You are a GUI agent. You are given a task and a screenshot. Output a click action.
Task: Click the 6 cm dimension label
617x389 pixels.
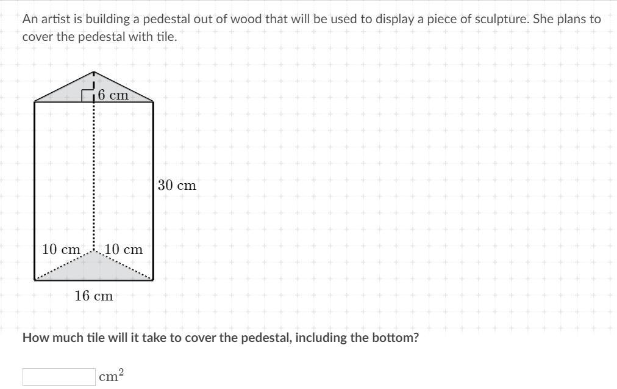pyautogui.click(x=113, y=95)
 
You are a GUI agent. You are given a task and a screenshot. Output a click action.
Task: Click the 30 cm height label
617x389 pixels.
pyautogui.click(x=177, y=185)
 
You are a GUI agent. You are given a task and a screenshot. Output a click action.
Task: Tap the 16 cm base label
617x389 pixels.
pyautogui.click(x=94, y=296)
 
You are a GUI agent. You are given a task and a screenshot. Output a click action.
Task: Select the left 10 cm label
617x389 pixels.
pyautogui.click(x=61, y=249)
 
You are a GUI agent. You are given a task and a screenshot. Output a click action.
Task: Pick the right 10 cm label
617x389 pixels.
pyautogui.click(x=124, y=249)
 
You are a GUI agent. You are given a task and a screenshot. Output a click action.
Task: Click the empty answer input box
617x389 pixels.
pyautogui.click(x=59, y=377)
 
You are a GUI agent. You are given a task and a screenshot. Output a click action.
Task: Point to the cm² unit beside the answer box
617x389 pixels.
pyautogui.click(x=111, y=376)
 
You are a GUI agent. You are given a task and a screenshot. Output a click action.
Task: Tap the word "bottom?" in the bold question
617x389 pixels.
pyautogui.click(x=396, y=338)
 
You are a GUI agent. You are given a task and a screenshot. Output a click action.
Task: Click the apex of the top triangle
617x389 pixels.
pyautogui.click(x=93, y=71)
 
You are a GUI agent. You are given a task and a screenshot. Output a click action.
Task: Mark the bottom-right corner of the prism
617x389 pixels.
pyautogui.click(x=153, y=280)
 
